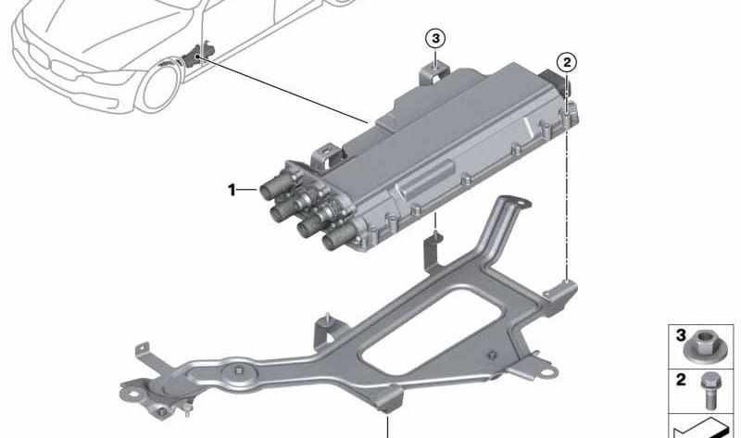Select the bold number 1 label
pos(232,190)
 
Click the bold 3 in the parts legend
pos(679,334)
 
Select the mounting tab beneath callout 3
pos(433,72)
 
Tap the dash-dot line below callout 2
pos(566,185)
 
